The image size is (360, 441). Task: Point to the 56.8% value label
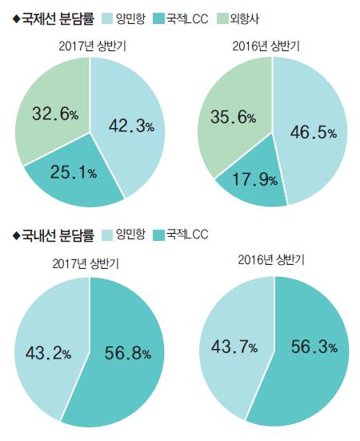point(128,352)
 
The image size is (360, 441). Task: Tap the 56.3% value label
point(310,347)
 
